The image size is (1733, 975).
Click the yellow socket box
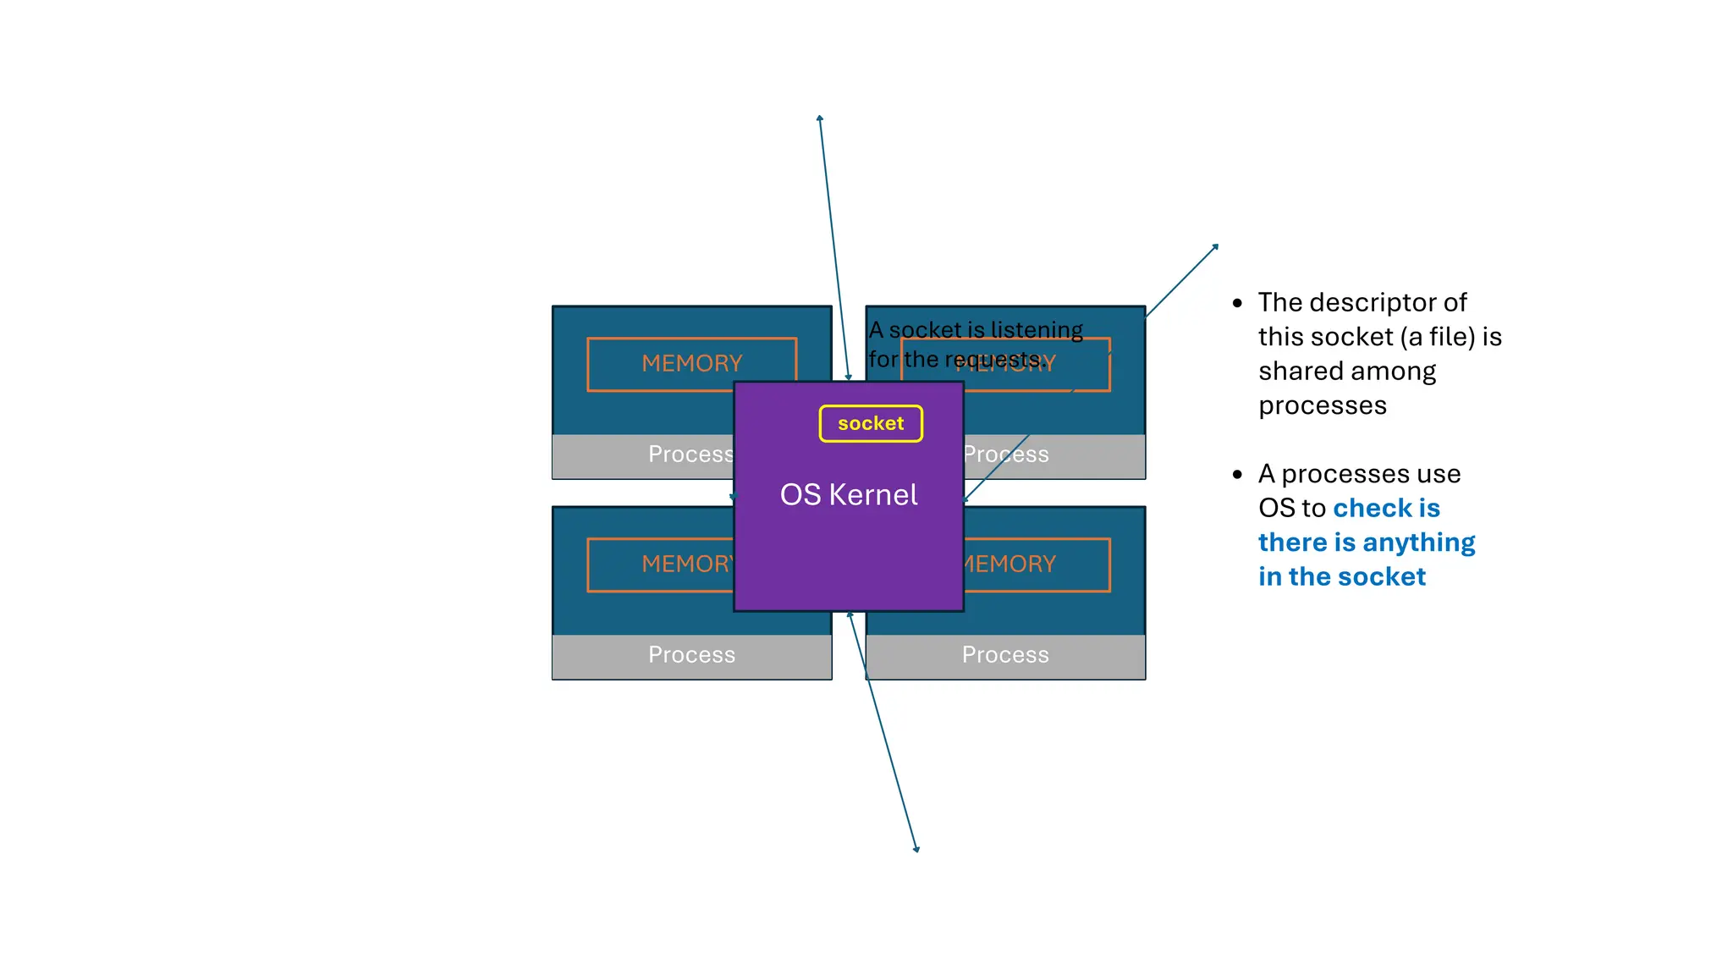(x=871, y=423)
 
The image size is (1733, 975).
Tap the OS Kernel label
(x=848, y=495)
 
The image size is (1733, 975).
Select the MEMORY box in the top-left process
(x=691, y=363)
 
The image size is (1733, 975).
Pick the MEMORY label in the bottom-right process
(x=1011, y=564)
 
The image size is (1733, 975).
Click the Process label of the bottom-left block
(x=691, y=654)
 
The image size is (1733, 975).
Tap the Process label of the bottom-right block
(x=1005, y=654)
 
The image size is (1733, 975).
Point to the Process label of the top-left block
(x=690, y=454)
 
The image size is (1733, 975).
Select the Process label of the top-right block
(x=1007, y=454)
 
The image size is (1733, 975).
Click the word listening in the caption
(x=1037, y=329)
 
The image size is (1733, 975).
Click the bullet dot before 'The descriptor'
(x=1237, y=303)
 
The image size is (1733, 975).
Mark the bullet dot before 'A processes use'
(x=1237, y=475)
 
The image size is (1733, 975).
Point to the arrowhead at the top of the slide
(x=819, y=118)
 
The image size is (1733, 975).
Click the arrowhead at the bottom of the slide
(x=916, y=849)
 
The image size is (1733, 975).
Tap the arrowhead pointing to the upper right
(x=1216, y=246)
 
